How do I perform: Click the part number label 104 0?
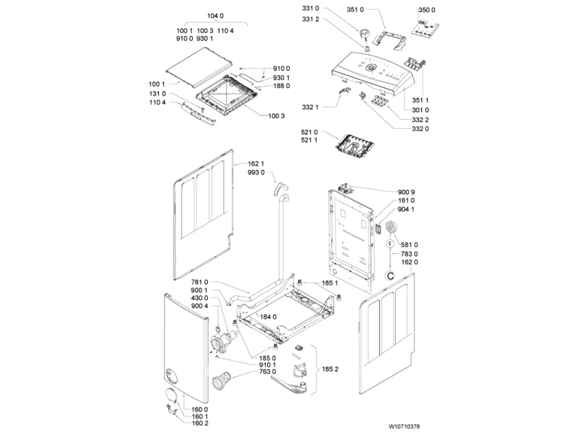pos(215,15)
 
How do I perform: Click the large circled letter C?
pos(391,276)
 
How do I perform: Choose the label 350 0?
pos(427,10)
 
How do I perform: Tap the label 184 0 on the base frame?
pos(267,317)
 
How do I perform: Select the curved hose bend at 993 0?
pos(279,188)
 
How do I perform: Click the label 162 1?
pos(255,163)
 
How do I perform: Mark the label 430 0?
pos(200,298)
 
